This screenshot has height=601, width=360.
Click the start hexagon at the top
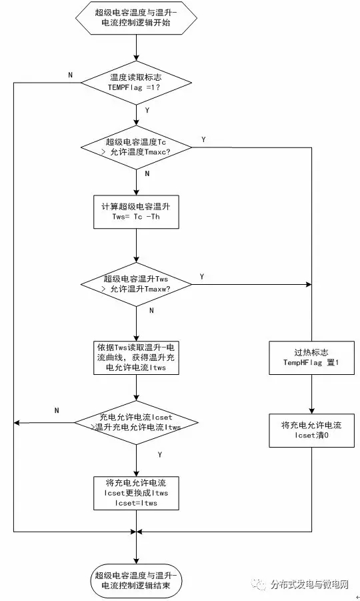pyautogui.click(x=137, y=17)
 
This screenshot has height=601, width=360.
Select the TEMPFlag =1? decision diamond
pyautogui.click(x=137, y=83)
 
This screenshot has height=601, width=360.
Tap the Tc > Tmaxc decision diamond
pyautogui.click(x=137, y=147)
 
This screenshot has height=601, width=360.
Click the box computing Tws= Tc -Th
pyautogui.click(x=137, y=212)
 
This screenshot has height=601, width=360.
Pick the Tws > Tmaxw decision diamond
pyautogui.click(x=137, y=284)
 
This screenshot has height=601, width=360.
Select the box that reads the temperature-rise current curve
pyautogui.click(x=137, y=358)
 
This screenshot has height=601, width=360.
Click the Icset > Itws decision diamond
pyautogui.click(x=137, y=423)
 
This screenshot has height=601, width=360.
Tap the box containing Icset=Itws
pyautogui.click(x=137, y=493)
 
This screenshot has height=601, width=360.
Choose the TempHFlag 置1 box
pyautogui.click(x=311, y=358)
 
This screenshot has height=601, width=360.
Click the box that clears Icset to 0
pyautogui.click(x=311, y=430)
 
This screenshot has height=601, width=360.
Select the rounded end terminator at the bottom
pyautogui.click(x=137, y=581)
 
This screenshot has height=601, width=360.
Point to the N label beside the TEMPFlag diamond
pyautogui.click(x=70, y=75)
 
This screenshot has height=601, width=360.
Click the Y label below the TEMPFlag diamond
pyautogui.click(x=147, y=110)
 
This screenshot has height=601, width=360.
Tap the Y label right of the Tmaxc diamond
pyautogui.click(x=203, y=139)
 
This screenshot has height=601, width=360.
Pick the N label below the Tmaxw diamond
pyautogui.click(x=151, y=310)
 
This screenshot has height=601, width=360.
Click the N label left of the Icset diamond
pyautogui.click(x=57, y=410)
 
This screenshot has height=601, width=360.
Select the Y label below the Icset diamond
pyautogui.click(x=160, y=454)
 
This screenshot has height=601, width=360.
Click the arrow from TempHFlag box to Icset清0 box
pyautogui.click(x=311, y=394)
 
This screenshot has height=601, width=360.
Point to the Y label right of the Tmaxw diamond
pyautogui.click(x=202, y=276)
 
